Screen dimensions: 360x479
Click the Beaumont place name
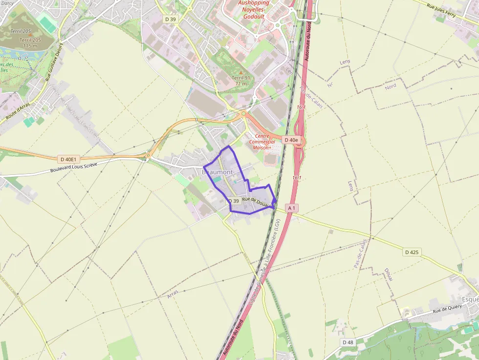coord(218,172)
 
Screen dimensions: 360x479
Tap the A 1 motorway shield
coord(291,208)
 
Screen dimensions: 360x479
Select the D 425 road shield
coord(413,253)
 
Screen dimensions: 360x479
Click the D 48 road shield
coord(348,342)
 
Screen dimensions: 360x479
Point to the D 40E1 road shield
coord(69,159)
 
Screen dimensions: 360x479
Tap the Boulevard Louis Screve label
coord(74,168)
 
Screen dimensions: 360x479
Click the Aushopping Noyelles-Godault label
coord(254,9)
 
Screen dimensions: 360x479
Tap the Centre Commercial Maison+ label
coord(262,142)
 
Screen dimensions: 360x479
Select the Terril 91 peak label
coord(241,81)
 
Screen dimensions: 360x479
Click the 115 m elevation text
coord(30,46)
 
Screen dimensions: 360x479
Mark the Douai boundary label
coord(388,275)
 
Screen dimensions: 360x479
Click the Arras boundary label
coord(173,294)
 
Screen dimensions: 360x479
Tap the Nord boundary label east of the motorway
coord(391,86)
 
